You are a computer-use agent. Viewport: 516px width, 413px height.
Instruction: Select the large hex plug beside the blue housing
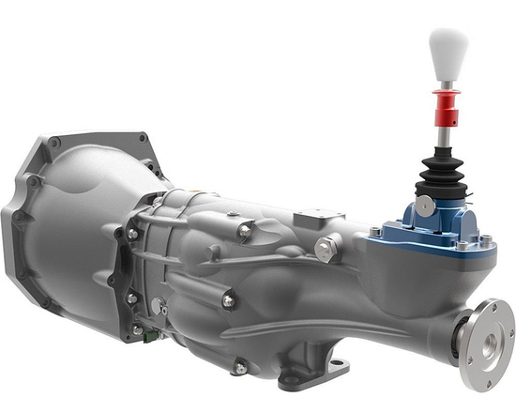tap(327, 249)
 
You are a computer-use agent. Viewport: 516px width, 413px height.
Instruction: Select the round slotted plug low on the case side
tap(159, 307)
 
